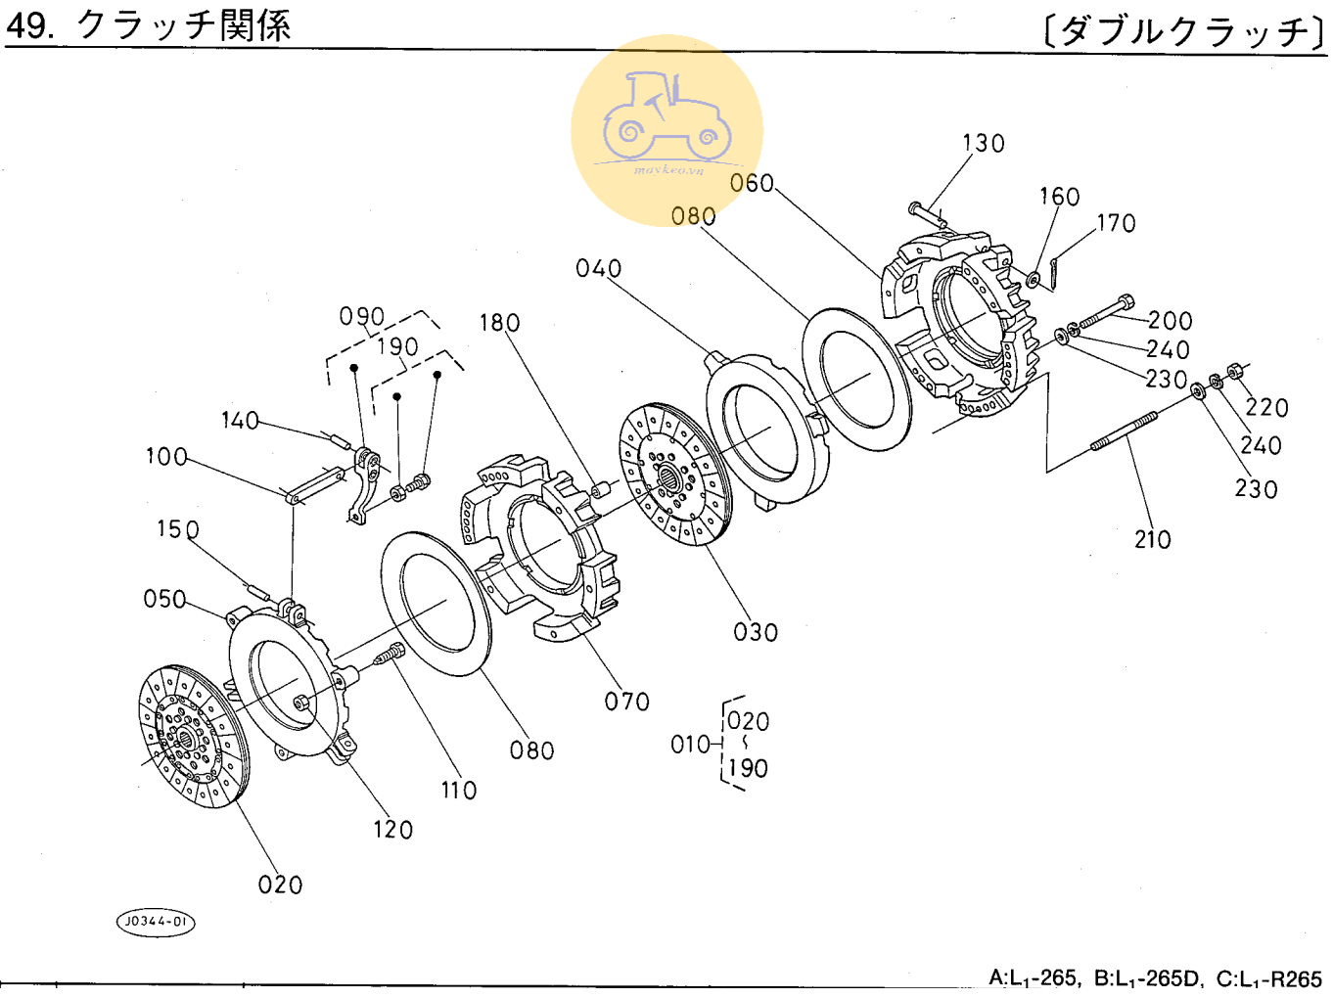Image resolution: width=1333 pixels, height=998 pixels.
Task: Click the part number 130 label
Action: click(x=983, y=144)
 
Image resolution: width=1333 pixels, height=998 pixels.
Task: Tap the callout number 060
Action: click(x=752, y=184)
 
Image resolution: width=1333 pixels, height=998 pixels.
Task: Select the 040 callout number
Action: click(x=598, y=269)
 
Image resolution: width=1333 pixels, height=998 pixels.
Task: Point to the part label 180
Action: click(x=499, y=323)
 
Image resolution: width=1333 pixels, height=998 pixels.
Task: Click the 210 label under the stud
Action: click(x=1152, y=540)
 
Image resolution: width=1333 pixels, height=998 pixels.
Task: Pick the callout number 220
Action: click(x=1266, y=408)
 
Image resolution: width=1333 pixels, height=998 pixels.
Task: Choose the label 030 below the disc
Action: click(x=756, y=633)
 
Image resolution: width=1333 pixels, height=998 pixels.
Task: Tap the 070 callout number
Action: click(x=626, y=702)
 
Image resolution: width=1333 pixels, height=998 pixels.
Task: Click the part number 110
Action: click(x=458, y=791)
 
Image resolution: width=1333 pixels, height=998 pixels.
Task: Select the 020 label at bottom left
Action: click(x=280, y=885)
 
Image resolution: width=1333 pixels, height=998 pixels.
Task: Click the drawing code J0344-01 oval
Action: click(x=156, y=922)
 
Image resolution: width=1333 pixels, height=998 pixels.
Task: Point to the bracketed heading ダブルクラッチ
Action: click(x=1184, y=31)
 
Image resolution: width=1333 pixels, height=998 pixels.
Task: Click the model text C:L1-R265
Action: click(x=1268, y=978)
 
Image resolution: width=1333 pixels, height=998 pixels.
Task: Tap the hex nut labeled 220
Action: click(x=1234, y=371)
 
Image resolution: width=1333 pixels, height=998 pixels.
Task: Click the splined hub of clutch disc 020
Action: click(x=185, y=738)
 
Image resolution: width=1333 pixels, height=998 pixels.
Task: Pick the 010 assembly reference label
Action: click(x=690, y=746)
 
